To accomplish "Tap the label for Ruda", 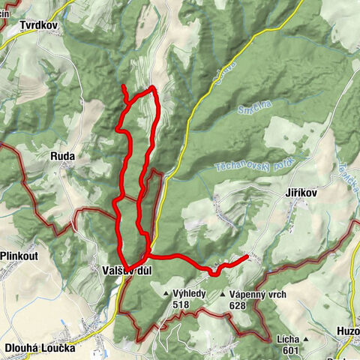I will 62,156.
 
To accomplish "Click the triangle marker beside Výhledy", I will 166,294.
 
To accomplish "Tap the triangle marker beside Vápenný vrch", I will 223,294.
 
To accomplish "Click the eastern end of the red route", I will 247,257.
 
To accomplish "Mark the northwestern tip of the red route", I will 123,88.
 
